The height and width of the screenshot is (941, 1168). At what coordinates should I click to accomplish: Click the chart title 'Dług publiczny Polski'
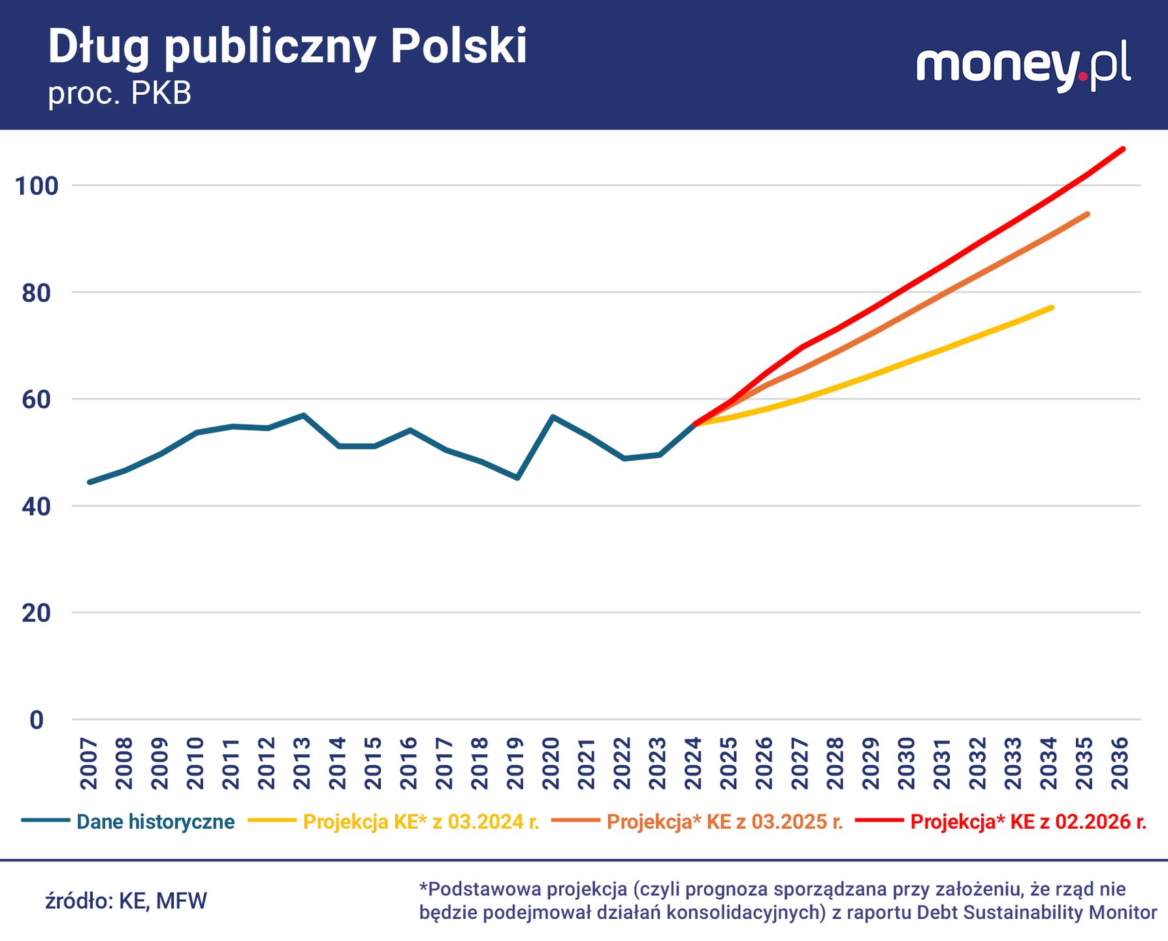pos(287,47)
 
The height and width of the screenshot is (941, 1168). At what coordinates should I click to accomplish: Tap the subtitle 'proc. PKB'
pos(120,94)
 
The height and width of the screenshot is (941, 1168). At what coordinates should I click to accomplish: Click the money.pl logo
pos(1023,67)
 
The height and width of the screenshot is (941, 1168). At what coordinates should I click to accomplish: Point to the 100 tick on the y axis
pos(37,186)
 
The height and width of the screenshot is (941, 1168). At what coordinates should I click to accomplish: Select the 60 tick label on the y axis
pos(37,400)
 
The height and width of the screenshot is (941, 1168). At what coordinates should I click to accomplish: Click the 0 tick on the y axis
pos(37,720)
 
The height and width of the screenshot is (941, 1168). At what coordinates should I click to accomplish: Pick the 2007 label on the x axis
pos(89,763)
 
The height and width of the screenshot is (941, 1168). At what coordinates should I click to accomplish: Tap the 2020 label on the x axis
pos(551,763)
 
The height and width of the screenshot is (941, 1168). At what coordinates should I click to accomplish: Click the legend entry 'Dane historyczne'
pos(155,821)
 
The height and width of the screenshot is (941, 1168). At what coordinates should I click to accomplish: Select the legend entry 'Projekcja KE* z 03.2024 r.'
pos(421,821)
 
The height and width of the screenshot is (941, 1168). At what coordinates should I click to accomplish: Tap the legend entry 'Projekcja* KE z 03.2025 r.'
pos(724,821)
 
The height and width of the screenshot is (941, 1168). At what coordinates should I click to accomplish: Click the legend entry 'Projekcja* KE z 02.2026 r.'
pos(1028,821)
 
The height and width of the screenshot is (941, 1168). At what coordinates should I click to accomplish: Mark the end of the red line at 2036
pos(1123,149)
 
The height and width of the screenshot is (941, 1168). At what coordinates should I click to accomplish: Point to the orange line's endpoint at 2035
pos(1088,214)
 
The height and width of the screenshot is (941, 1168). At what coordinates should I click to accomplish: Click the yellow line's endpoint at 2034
pos(1052,307)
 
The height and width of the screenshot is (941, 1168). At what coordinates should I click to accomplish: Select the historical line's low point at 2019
pos(517,478)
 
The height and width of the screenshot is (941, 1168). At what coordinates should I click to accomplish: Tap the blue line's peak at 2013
pos(303,415)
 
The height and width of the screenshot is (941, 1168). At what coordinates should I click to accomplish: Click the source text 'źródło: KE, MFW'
pos(126,901)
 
